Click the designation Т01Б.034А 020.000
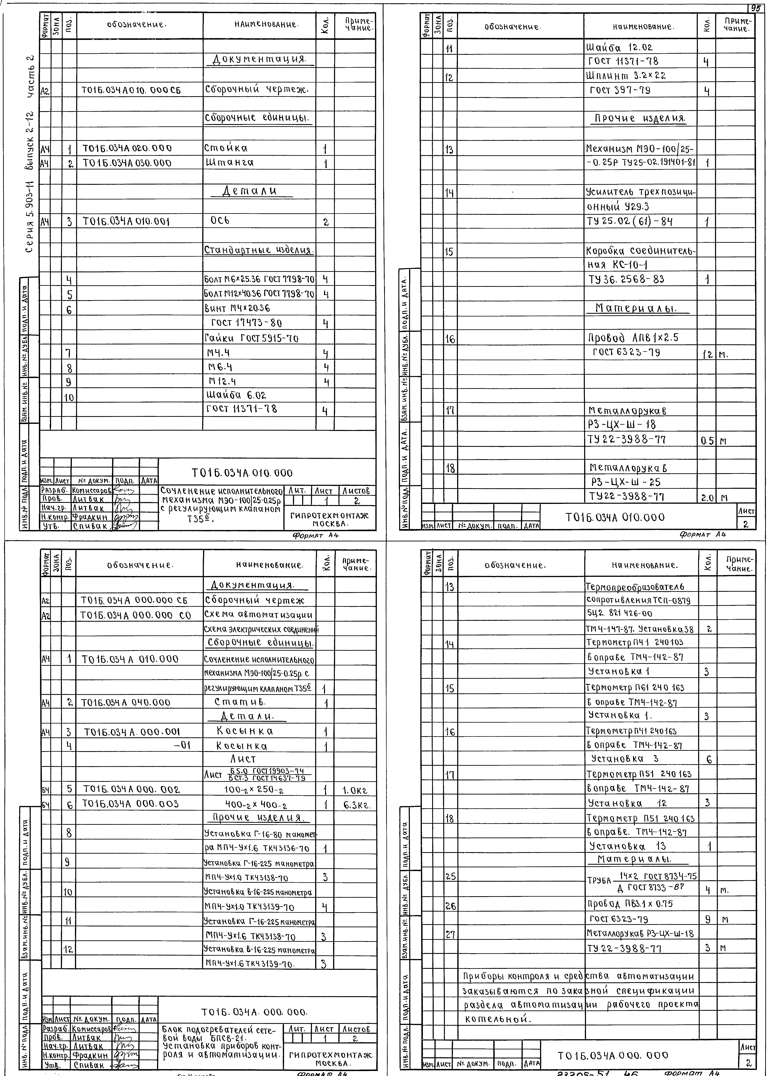[127, 149]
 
